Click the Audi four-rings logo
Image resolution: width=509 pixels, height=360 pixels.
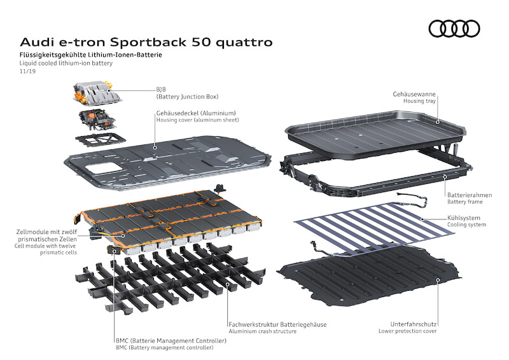point(454,29)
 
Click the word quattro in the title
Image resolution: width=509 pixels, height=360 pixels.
point(244,42)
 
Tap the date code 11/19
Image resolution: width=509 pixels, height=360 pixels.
point(27,71)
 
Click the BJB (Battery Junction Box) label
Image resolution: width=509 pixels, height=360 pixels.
point(187,93)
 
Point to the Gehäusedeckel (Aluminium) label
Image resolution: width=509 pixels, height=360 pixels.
point(196,113)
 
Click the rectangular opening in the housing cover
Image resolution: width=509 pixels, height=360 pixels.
point(102,168)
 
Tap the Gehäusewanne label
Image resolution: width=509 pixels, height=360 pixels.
point(414,94)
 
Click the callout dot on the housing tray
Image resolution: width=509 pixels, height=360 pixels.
point(438,122)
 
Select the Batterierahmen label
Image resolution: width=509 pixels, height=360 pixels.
point(470,195)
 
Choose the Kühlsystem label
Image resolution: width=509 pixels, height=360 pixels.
point(464,218)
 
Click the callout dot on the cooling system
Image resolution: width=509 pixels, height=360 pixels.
point(422,218)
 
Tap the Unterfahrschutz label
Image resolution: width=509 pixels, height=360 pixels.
point(413,324)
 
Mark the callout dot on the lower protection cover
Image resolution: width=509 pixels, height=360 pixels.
point(438,280)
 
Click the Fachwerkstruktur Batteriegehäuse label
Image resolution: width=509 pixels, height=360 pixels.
point(277,324)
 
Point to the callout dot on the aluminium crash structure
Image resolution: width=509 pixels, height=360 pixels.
point(228,284)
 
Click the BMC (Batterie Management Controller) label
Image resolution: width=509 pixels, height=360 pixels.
point(171,340)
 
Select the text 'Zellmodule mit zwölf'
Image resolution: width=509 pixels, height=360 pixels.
point(46,232)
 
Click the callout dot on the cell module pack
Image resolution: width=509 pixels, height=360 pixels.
point(123,236)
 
